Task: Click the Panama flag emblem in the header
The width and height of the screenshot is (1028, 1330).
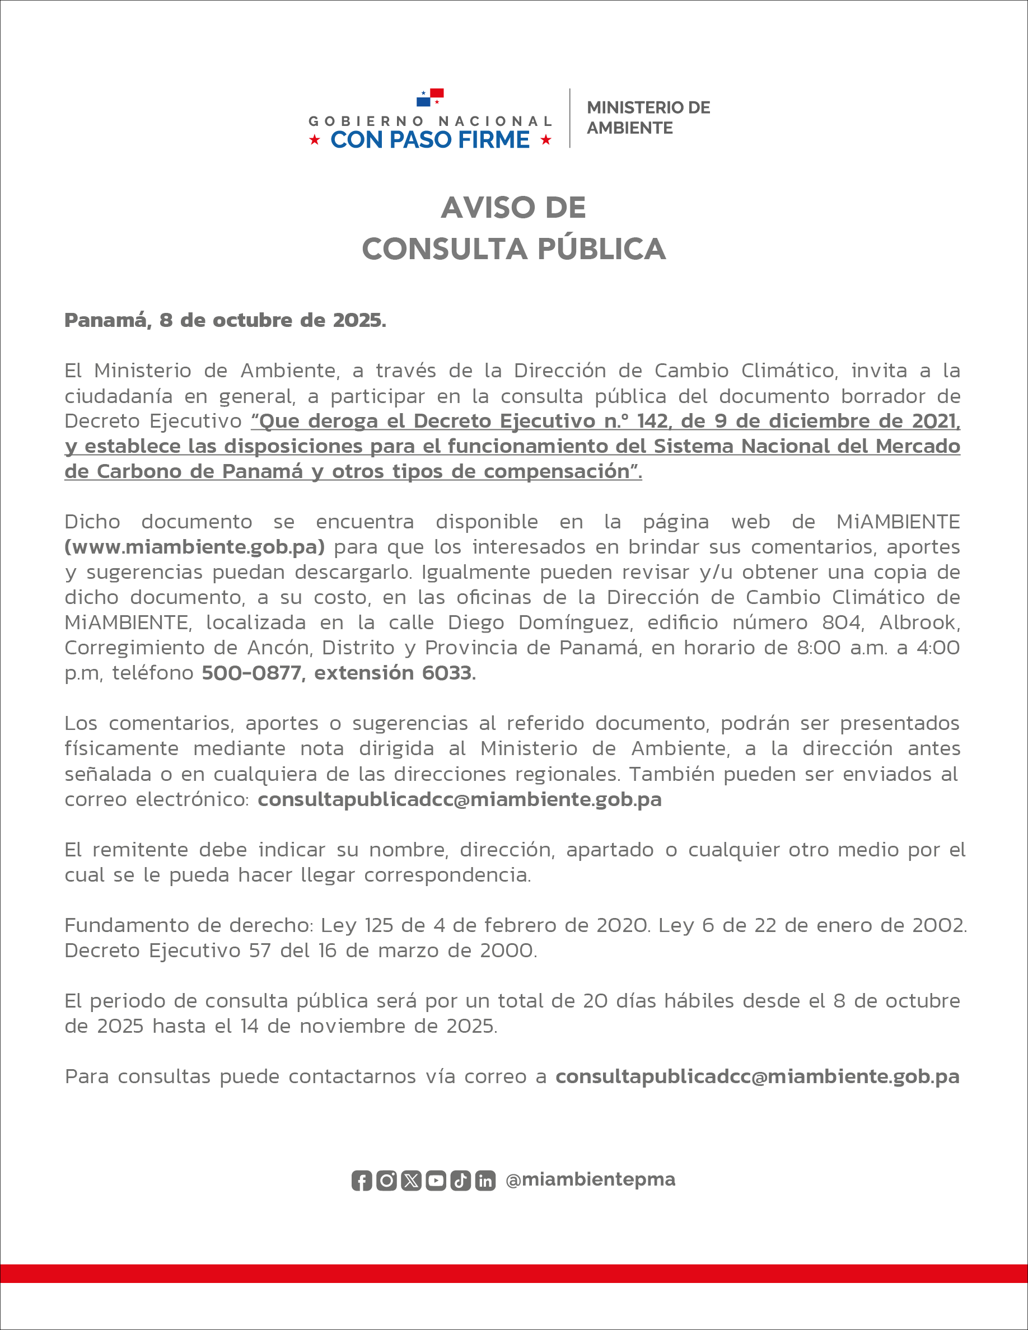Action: (430, 97)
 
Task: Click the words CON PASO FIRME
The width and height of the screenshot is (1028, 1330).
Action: (430, 140)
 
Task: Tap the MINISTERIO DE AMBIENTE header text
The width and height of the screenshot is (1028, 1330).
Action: (648, 118)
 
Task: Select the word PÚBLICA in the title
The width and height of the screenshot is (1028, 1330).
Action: (602, 249)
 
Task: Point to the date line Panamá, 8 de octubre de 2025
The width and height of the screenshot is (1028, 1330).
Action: (225, 320)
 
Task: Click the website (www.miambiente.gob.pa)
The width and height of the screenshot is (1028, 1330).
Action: (195, 547)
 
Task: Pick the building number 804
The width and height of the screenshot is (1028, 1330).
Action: (843, 622)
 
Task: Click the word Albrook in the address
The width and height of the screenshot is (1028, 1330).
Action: (919, 622)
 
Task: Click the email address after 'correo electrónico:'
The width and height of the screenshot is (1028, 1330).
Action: (459, 799)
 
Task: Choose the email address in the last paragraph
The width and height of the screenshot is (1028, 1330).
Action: (757, 1076)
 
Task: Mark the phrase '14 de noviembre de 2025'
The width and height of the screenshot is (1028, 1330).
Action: (368, 1026)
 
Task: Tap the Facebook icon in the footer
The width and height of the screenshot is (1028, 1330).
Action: (362, 1181)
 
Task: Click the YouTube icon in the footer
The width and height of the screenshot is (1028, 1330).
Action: (436, 1181)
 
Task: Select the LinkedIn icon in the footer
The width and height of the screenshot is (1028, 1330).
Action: (485, 1181)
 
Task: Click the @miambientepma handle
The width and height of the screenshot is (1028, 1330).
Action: (590, 1179)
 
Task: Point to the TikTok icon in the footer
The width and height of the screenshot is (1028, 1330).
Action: (460, 1181)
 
